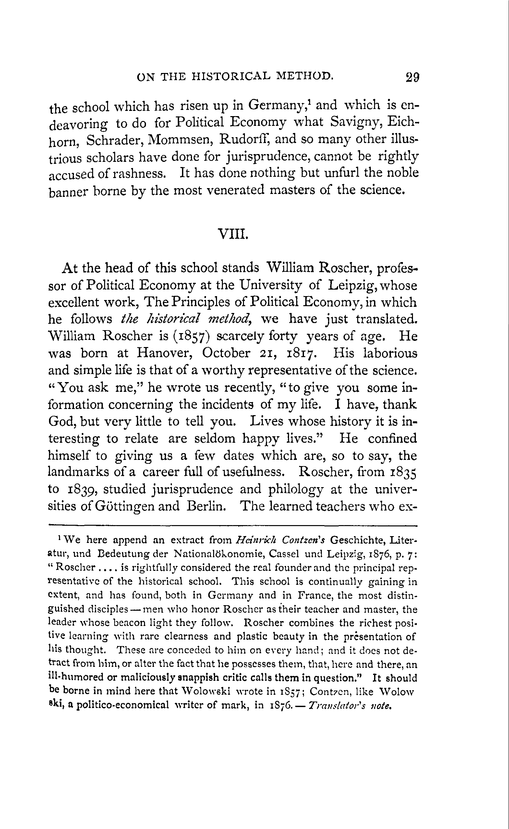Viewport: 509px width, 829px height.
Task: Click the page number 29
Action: click(x=412, y=78)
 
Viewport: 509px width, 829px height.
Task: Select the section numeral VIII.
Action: click(x=233, y=233)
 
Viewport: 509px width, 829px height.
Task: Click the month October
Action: click(x=226, y=354)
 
